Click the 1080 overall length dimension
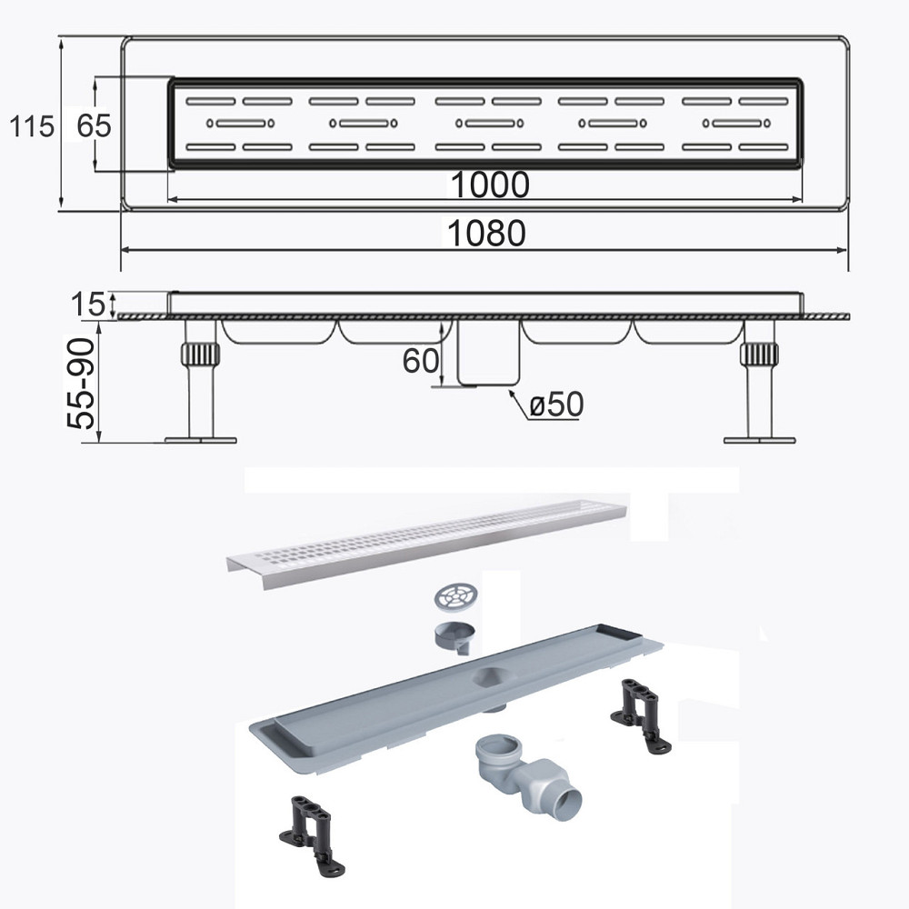[x=487, y=233]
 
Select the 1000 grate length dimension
[x=490, y=185]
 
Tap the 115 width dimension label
[x=31, y=125]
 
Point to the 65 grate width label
[x=94, y=125]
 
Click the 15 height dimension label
[x=88, y=305]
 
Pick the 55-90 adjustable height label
[x=81, y=384]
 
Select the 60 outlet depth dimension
[x=420, y=361]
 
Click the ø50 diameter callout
[x=556, y=405]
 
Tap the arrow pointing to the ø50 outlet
[x=518, y=404]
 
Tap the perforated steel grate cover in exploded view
[x=426, y=542]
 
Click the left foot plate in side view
[x=201, y=440]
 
